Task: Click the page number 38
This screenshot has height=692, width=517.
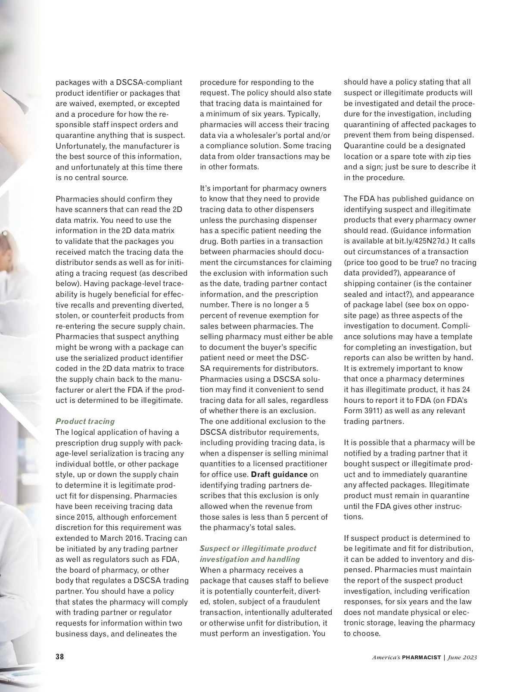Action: click(x=60, y=657)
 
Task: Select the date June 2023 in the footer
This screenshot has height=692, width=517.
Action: click(x=462, y=658)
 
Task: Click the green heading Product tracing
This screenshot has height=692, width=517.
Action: click(x=85, y=421)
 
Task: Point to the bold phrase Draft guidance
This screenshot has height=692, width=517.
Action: click(x=279, y=474)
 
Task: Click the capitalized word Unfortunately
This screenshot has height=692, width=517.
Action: click(x=82, y=146)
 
